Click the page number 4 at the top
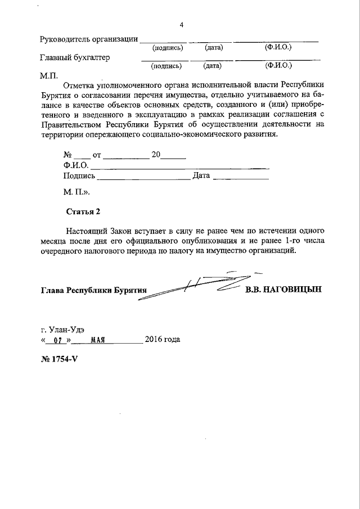181,25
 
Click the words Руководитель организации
89,39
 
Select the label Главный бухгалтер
75,57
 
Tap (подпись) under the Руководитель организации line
168,48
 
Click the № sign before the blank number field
68,155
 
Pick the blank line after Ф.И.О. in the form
179,165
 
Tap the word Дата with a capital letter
201,175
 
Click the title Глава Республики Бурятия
93,290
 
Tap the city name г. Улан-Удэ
64,330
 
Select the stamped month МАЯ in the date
98,340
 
